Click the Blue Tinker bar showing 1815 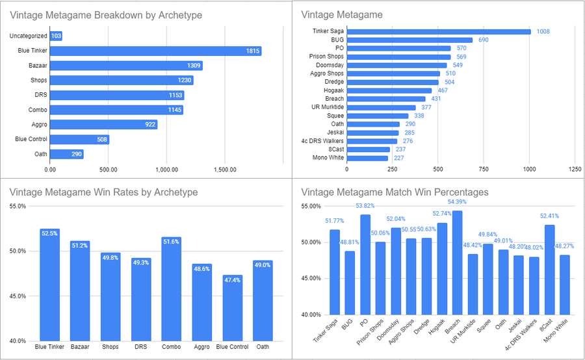pyautogui.click(x=156, y=51)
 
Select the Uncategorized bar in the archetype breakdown pyautogui.click(x=57, y=36)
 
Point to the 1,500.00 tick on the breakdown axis pyautogui.click(x=224, y=170)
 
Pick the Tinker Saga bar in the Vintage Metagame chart pyautogui.click(x=439, y=31)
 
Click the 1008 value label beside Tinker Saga pyautogui.click(x=543, y=31)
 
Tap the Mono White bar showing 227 pyautogui.click(x=367, y=158)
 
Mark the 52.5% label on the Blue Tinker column pyautogui.click(x=50, y=233)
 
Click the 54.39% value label pyautogui.click(x=458, y=202)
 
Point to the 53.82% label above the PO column pyautogui.click(x=364, y=207)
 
